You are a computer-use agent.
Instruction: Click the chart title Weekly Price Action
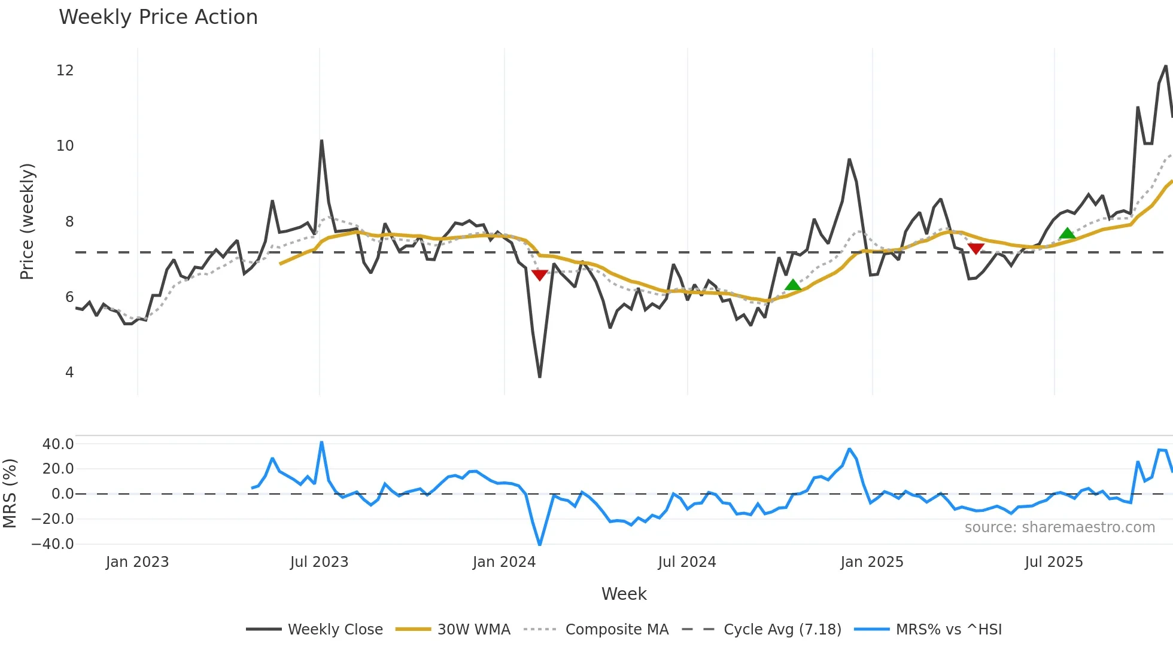tap(158, 17)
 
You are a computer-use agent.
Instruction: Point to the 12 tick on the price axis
tap(65, 71)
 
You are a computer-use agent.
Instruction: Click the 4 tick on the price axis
tap(69, 373)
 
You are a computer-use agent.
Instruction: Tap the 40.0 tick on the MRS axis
tap(58, 444)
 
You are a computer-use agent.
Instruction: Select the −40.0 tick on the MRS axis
tap(53, 544)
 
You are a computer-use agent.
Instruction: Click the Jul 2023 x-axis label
tap(319, 562)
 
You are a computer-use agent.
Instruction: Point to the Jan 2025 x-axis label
tap(871, 562)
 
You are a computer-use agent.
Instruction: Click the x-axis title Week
tap(624, 594)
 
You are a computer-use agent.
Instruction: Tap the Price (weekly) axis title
tap(28, 221)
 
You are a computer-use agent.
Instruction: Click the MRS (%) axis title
tap(10, 493)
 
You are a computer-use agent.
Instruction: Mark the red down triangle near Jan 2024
tap(539, 275)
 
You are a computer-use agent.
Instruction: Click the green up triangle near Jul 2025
tap(1067, 233)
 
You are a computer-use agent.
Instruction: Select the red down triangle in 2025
tap(976, 248)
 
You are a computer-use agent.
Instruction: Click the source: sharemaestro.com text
tap(1059, 527)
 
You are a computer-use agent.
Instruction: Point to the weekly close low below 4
tap(540, 376)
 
